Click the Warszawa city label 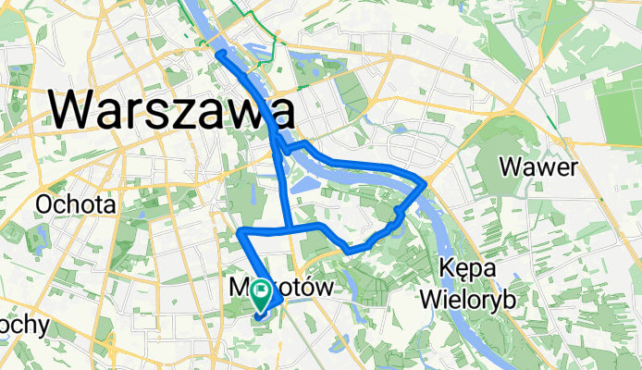click(172, 110)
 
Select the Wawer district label click(537, 167)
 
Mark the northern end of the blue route click(219, 55)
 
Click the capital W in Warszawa click(73, 110)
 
